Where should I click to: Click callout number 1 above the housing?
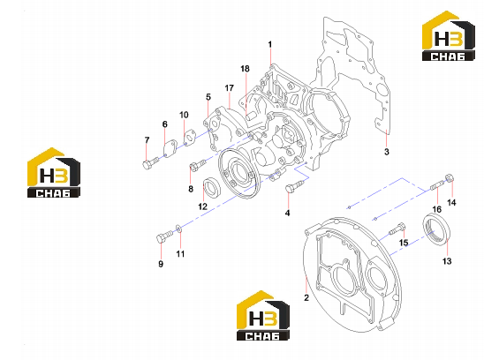[x=270, y=45]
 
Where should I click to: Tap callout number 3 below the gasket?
[x=387, y=152]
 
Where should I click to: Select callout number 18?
[x=245, y=69]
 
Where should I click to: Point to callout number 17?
[x=229, y=88]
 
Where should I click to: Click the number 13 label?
[x=447, y=261]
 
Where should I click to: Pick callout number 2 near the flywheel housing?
[x=306, y=297]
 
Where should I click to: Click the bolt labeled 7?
[x=150, y=162]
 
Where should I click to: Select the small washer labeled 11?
[x=179, y=229]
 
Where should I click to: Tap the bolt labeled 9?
[x=164, y=236]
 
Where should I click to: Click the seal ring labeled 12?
[x=211, y=188]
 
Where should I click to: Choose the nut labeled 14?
[x=450, y=178]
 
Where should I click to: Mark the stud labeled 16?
[x=437, y=186]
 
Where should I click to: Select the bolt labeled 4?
[x=294, y=186]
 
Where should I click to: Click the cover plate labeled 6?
[x=170, y=149]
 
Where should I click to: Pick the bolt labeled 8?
[x=197, y=164]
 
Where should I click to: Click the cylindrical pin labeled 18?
[x=251, y=116]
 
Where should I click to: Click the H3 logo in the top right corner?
[x=448, y=36]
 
